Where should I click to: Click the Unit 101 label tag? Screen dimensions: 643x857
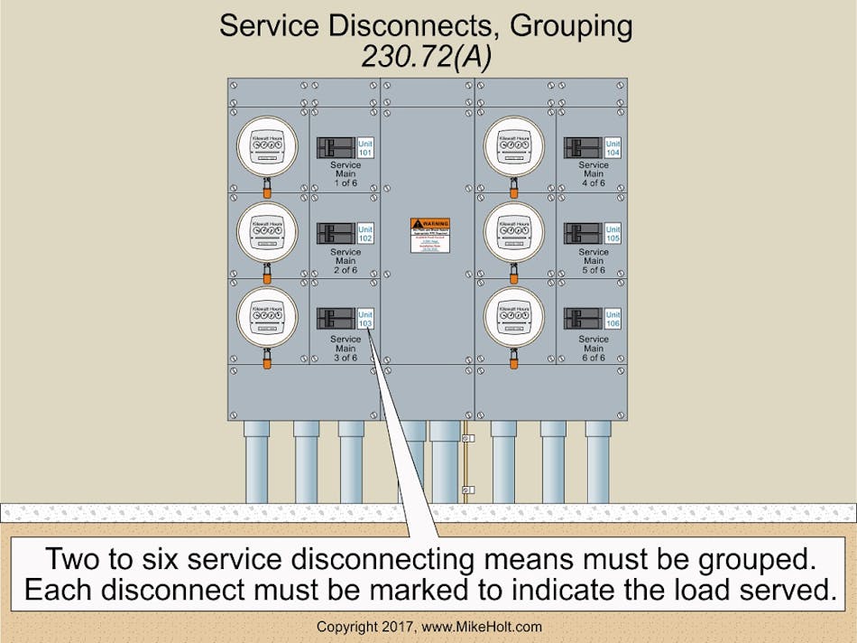[365, 148]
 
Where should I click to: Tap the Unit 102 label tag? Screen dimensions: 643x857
[365, 234]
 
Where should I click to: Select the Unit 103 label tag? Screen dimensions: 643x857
[365, 319]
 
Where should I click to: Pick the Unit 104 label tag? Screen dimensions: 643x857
[613, 148]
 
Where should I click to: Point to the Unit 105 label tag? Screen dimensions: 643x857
[613, 234]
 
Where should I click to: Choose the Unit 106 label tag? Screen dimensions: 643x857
[613, 319]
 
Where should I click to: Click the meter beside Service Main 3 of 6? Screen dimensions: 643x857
[267, 316]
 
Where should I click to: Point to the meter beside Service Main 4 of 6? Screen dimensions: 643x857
[514, 145]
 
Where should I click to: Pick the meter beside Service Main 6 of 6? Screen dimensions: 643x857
[514, 316]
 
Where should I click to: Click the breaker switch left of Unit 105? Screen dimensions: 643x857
[583, 234]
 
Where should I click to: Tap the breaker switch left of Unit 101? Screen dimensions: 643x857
[336, 148]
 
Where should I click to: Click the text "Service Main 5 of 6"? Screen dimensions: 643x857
[593, 261]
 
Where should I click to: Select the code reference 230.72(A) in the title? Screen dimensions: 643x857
[426, 56]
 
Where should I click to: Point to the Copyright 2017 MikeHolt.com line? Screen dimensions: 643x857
[428, 627]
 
